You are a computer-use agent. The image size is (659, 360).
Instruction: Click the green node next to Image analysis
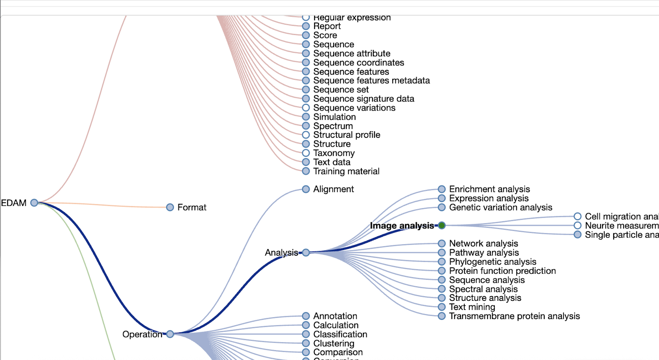(x=441, y=225)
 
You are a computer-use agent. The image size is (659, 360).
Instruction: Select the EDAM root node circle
(x=34, y=203)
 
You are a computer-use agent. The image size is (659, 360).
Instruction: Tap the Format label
(x=192, y=207)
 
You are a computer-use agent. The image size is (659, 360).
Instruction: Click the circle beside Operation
(x=170, y=334)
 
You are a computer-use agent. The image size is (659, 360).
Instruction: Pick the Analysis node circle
(x=306, y=252)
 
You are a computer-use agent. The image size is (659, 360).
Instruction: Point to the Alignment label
(x=333, y=189)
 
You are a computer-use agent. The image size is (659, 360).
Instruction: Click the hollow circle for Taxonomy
(x=306, y=153)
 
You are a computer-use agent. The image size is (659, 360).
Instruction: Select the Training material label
(x=346, y=171)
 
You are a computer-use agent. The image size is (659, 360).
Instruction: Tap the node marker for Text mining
(x=441, y=307)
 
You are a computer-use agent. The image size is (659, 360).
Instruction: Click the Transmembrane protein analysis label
(x=514, y=316)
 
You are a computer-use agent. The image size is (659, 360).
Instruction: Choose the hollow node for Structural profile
(x=306, y=135)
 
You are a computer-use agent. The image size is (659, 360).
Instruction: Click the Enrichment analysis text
(x=489, y=189)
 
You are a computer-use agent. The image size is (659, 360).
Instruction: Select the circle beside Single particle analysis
(x=577, y=234)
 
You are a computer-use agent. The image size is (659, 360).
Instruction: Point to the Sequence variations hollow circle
(x=306, y=108)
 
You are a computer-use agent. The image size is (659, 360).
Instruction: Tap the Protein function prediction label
(x=502, y=271)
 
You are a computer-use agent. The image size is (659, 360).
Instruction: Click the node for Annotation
(x=306, y=316)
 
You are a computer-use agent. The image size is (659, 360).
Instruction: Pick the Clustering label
(x=334, y=343)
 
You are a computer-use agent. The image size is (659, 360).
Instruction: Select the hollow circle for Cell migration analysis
(x=577, y=216)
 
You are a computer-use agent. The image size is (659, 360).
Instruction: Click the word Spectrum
(x=333, y=126)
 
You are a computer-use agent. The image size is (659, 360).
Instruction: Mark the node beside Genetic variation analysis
(x=441, y=207)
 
